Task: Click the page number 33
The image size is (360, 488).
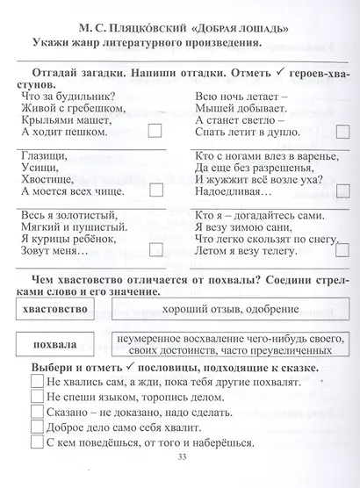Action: pos(183,479)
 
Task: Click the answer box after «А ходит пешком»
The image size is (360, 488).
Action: pos(156,132)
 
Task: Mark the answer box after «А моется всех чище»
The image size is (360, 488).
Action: pos(156,189)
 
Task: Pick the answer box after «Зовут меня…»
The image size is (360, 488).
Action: pos(156,249)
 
